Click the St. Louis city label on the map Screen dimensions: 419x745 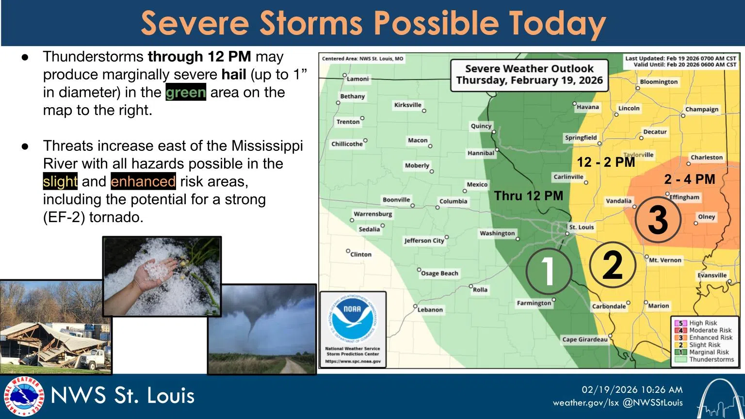point(581,227)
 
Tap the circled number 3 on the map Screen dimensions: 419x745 point(658,220)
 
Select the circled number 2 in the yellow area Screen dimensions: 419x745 point(612,265)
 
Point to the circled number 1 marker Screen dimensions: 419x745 point(548,271)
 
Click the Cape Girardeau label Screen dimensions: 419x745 point(584,339)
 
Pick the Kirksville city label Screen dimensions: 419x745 point(407,105)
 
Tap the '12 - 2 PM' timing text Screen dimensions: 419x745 point(606,162)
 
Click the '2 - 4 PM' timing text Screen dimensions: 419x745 point(689,179)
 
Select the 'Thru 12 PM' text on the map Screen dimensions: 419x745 point(528,196)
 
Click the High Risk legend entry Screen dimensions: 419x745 point(703,323)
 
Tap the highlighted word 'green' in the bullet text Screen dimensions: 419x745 point(186,92)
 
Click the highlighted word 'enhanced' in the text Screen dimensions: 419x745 point(143,181)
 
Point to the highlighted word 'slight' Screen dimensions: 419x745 point(60,181)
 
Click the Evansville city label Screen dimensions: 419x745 point(712,275)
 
